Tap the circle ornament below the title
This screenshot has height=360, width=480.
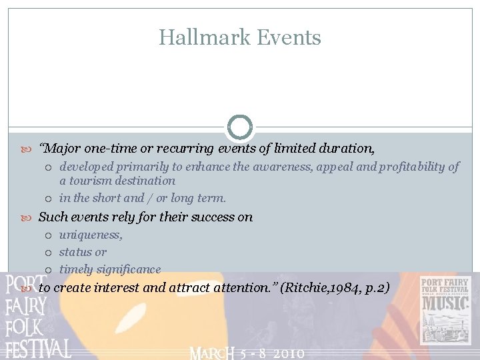click(240, 127)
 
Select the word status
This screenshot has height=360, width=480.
click(75, 252)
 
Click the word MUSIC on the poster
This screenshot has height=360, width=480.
click(445, 304)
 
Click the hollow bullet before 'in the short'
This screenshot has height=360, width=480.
click(50, 198)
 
